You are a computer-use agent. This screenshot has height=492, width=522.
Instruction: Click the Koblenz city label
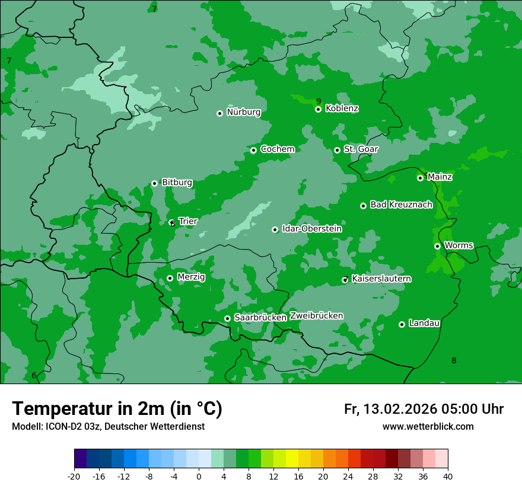coord(342,108)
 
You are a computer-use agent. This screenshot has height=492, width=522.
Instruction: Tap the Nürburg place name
coord(243,112)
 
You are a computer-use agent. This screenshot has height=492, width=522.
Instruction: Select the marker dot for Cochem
coord(253,150)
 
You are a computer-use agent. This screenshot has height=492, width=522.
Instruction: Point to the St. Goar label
coord(361,149)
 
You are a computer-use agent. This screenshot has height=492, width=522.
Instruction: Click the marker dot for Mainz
coord(420,178)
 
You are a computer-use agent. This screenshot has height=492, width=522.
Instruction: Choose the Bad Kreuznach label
coord(401,205)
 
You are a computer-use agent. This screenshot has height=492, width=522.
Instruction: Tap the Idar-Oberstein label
coord(311,229)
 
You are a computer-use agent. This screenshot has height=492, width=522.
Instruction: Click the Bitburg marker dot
coord(154,183)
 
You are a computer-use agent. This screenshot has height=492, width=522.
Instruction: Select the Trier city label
coord(188,221)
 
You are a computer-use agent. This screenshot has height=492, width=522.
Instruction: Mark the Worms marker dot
coord(437,246)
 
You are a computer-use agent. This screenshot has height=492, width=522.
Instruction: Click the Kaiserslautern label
coord(381,279)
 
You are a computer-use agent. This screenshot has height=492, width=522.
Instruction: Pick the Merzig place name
coord(191,277)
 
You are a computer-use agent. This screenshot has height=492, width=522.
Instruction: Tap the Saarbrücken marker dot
coord(227,318)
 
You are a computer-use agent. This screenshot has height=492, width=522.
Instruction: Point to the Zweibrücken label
coord(316,315)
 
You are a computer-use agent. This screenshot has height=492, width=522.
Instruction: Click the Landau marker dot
coord(402,324)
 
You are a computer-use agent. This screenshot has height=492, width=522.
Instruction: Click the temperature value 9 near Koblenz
coord(319,101)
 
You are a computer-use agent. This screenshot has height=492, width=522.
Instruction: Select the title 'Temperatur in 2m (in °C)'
coord(117,408)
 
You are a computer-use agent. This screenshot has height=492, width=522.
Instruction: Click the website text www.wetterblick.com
coord(428,426)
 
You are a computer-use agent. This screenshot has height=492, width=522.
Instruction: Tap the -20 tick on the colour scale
coord(74,476)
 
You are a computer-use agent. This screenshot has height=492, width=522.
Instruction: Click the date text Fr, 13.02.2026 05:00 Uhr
coord(424,409)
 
